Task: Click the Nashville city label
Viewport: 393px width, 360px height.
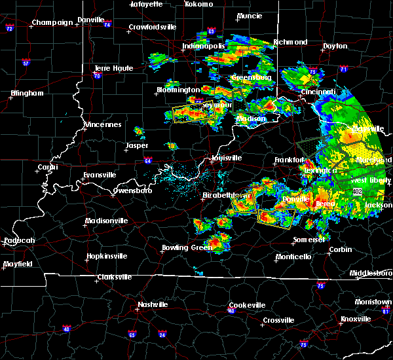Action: [x=152, y=305]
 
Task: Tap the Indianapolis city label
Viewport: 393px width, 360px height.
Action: [x=204, y=46]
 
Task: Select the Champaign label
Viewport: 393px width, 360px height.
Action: [x=52, y=22]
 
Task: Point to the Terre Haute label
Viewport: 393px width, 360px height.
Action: [x=113, y=68]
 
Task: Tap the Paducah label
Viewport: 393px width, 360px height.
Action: [x=19, y=240]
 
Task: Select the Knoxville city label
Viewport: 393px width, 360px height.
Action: [x=355, y=319]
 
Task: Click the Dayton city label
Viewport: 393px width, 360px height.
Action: [x=335, y=46]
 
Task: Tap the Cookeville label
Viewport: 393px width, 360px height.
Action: [x=247, y=306]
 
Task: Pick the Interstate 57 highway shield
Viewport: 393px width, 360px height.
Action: [x=26, y=63]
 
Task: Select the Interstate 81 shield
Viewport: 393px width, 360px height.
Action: [x=385, y=311]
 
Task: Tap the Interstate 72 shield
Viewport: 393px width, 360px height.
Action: [x=9, y=29]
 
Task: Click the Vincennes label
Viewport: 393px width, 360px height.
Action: [x=102, y=124]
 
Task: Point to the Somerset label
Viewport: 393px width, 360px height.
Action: [x=309, y=240]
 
